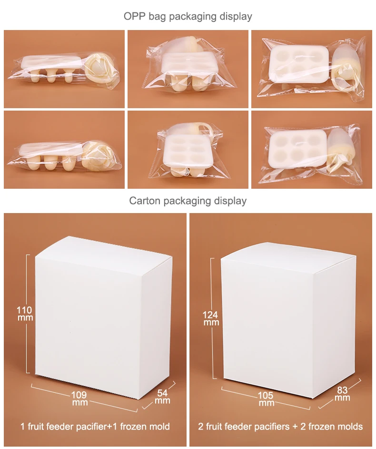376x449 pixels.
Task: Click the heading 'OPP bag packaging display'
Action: pyautogui.click(x=188, y=16)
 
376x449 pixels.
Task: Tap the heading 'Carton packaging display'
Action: pyautogui.click(x=188, y=201)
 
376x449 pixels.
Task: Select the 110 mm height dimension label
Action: pyautogui.click(x=24, y=314)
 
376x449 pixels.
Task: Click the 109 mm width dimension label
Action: pyautogui.click(x=79, y=398)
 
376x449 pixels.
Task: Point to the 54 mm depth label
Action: pyautogui.click(x=163, y=397)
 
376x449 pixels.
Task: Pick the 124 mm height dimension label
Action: pyautogui.click(x=211, y=318)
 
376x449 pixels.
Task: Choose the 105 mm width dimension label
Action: pyautogui.click(x=266, y=399)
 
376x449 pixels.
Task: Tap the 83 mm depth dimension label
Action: pyautogui.click(x=342, y=394)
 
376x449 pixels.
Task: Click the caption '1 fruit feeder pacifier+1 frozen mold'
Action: pyautogui.click(x=95, y=426)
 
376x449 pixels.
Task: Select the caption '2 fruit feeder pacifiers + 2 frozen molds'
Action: pyautogui.click(x=280, y=426)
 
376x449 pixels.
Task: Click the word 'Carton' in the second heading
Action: pyautogui.click(x=145, y=201)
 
